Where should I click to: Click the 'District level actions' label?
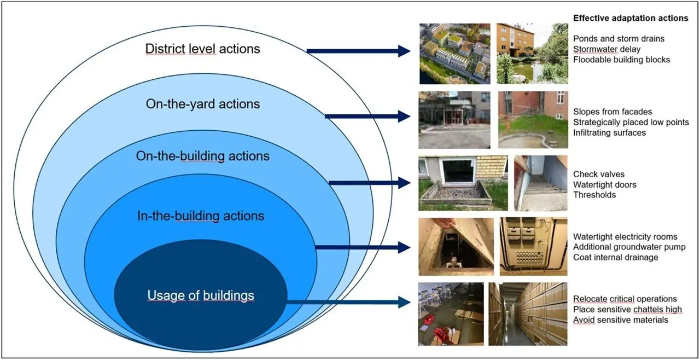point(202,49)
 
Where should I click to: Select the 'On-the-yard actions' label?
point(202,103)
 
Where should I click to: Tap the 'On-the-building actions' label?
point(202,156)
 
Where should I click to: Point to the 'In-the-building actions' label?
point(200,216)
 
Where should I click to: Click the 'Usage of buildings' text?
point(200,296)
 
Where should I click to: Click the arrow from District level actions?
point(358,51)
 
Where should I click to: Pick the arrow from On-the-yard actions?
point(367,116)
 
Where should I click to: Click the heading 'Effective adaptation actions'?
point(630,18)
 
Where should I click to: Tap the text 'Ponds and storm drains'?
point(619,39)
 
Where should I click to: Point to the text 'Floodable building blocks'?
point(621,59)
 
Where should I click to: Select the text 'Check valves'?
point(598,175)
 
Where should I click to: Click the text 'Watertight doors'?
point(605,184)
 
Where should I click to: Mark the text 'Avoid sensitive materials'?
point(620,320)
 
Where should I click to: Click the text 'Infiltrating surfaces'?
point(609,132)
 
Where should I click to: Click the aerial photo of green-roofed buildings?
point(453,53)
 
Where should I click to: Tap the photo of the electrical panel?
point(533,246)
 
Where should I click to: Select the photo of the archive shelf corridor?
point(527,313)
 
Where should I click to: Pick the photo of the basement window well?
point(463,183)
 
